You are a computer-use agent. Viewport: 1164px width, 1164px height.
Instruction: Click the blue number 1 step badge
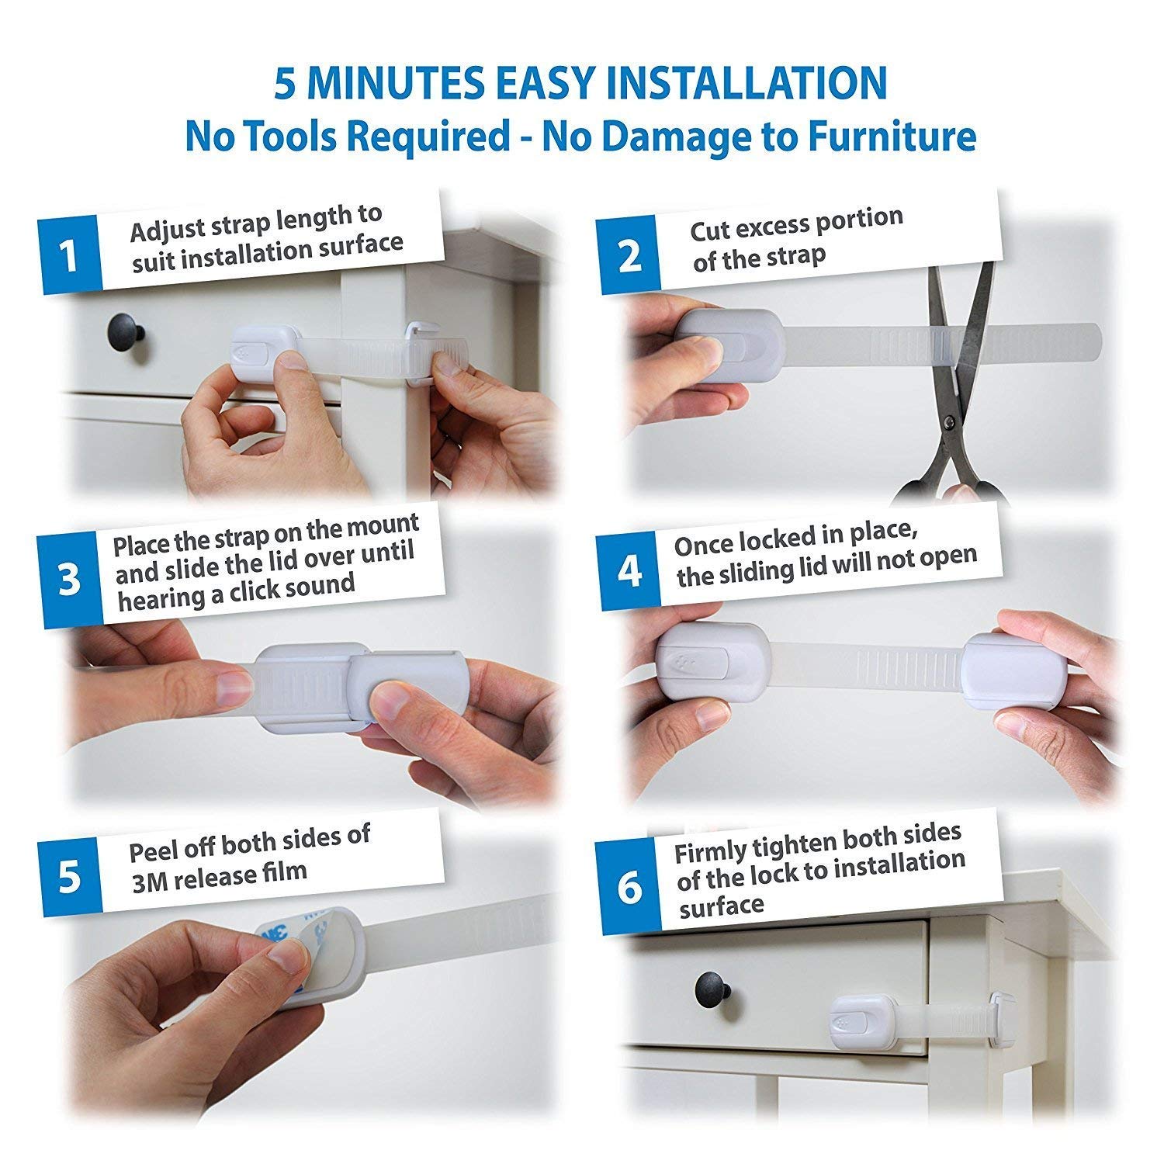click(x=70, y=255)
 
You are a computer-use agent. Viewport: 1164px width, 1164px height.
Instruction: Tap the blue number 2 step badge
click(x=628, y=255)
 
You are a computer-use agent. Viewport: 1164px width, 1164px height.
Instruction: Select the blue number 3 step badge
click(x=70, y=580)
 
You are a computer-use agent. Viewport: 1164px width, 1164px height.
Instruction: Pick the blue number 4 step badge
click(x=629, y=570)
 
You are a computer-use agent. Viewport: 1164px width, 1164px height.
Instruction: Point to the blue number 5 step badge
click(x=70, y=877)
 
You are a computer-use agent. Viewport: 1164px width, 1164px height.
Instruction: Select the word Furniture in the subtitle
click(x=886, y=137)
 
